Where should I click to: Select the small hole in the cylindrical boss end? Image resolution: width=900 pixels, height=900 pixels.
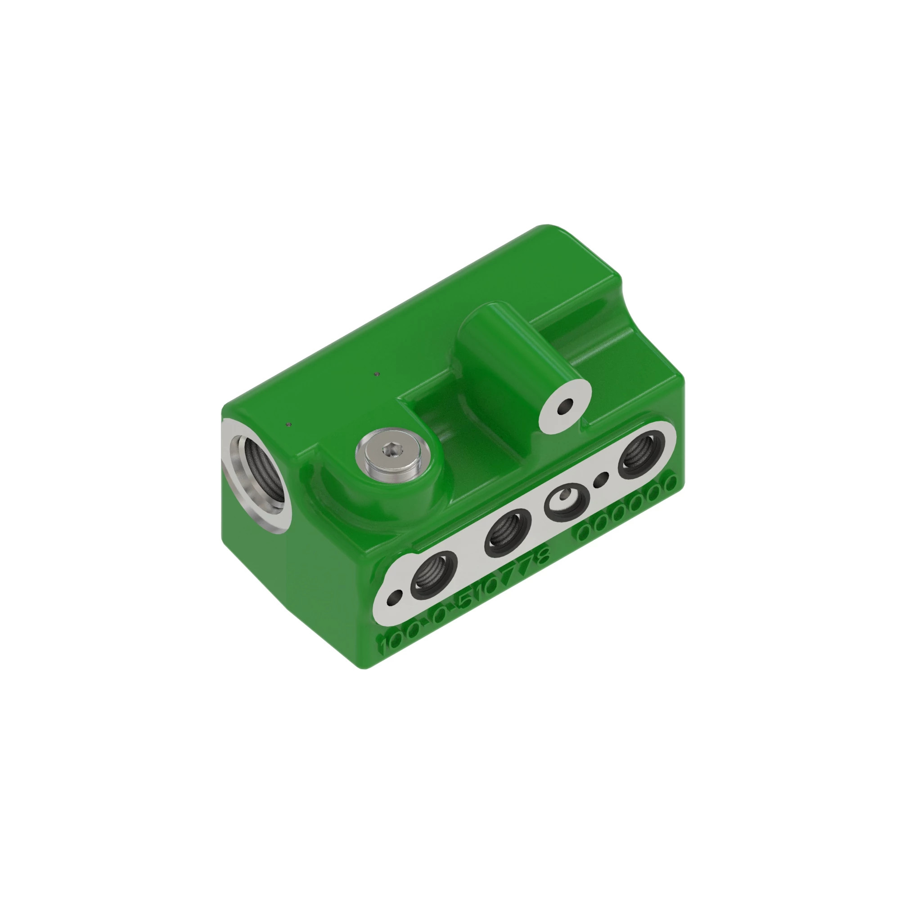click(566, 408)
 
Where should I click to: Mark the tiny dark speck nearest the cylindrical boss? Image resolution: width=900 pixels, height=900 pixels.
click(378, 373)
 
